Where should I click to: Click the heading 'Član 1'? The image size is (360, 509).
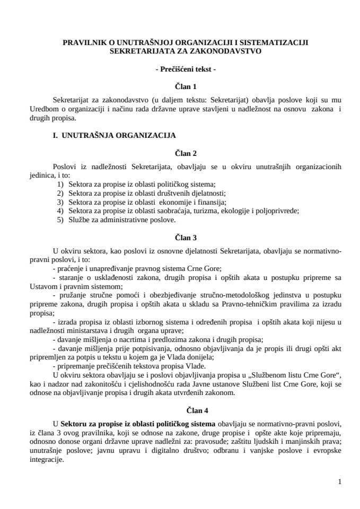[186, 85]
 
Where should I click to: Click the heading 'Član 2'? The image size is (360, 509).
[186, 153]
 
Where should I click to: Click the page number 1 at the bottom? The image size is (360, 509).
[339, 481]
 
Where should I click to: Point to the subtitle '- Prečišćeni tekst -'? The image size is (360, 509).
[185, 69]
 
